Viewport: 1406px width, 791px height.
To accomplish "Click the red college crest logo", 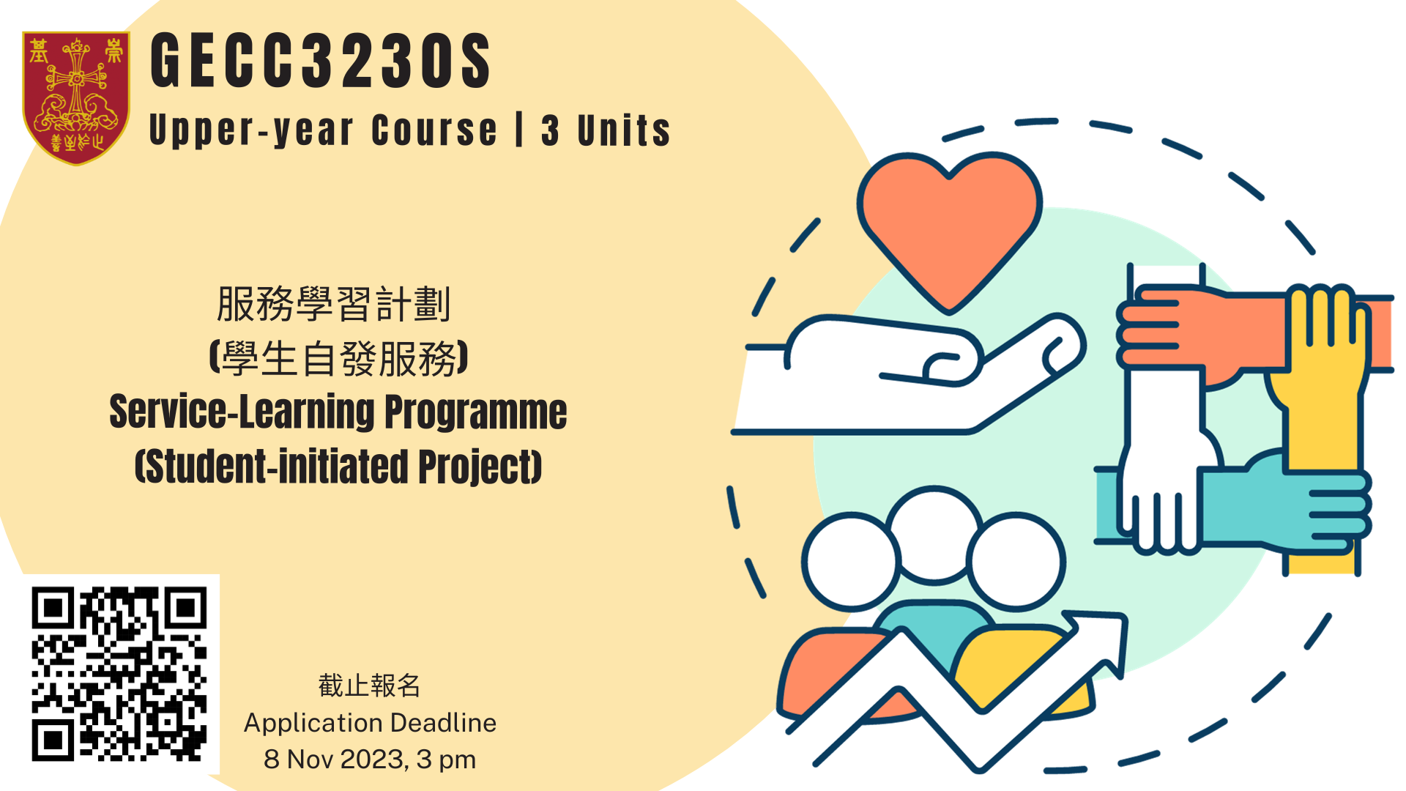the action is coord(76,97).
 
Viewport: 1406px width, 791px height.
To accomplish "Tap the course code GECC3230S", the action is coord(321,61).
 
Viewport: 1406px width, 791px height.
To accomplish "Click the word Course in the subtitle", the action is coord(434,130).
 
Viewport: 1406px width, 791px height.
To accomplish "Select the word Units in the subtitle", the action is coord(624,130).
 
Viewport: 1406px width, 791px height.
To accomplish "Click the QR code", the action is coord(119,674).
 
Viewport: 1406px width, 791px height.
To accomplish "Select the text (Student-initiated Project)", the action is coord(338,467).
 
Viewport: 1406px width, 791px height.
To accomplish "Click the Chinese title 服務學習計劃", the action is coord(333,304).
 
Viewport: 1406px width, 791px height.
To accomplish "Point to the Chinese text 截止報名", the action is coord(370,686).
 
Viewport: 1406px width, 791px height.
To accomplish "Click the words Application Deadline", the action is coord(370,723).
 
